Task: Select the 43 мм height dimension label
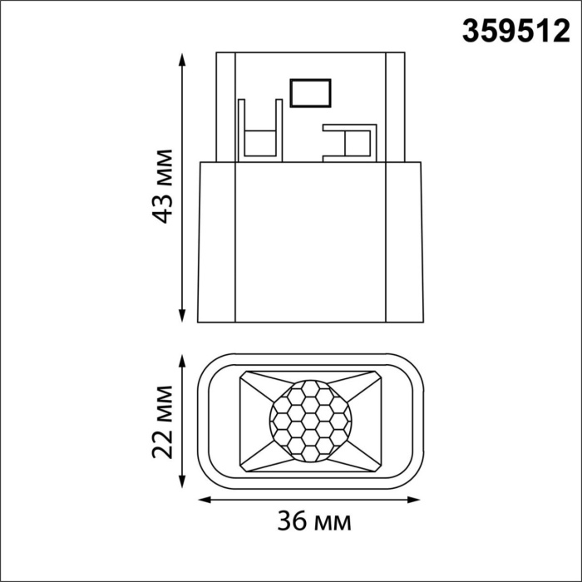click(x=164, y=186)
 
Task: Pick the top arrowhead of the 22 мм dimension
click(x=182, y=358)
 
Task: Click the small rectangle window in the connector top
click(x=310, y=91)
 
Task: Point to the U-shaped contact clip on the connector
click(x=259, y=133)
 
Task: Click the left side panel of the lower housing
click(x=216, y=241)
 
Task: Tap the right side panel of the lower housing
click(x=404, y=241)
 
